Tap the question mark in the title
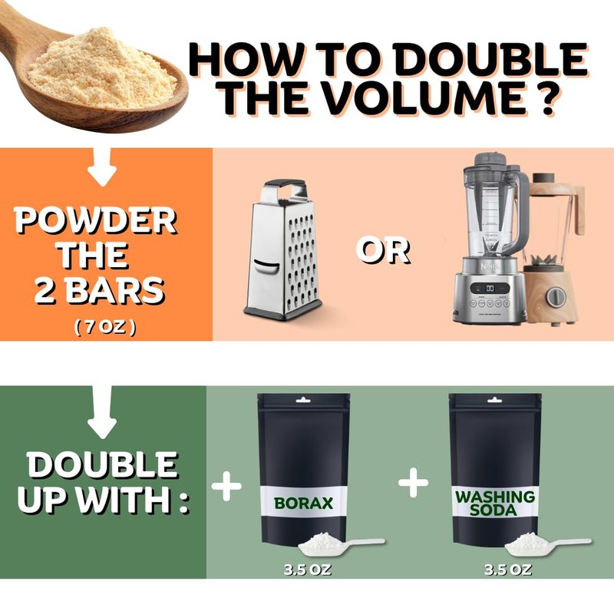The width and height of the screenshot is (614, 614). [544, 97]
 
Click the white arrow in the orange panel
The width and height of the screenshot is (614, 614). [103, 167]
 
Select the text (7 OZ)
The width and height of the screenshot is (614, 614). [105, 327]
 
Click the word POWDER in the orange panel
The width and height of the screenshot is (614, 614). [95, 220]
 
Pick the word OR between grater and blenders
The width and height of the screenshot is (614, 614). [383, 251]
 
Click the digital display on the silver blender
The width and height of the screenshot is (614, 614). [490, 289]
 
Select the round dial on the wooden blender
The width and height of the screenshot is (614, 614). [555, 297]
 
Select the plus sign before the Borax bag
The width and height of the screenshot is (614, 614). [226, 486]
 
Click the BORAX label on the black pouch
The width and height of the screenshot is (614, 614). [303, 503]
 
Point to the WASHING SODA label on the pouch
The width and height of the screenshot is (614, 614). [494, 503]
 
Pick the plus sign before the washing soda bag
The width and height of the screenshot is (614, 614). [414, 483]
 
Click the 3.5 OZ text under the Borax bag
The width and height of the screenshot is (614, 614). [308, 569]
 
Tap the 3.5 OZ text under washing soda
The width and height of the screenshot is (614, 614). [508, 569]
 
